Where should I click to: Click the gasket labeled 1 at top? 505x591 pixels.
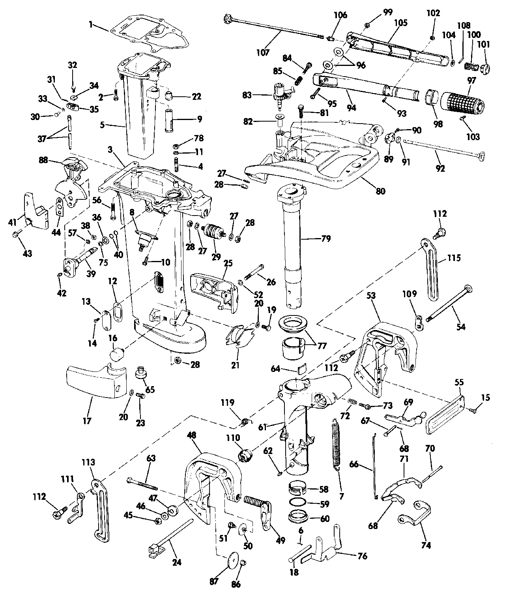click(x=150, y=38)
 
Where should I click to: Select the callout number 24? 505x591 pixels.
click(x=177, y=563)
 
